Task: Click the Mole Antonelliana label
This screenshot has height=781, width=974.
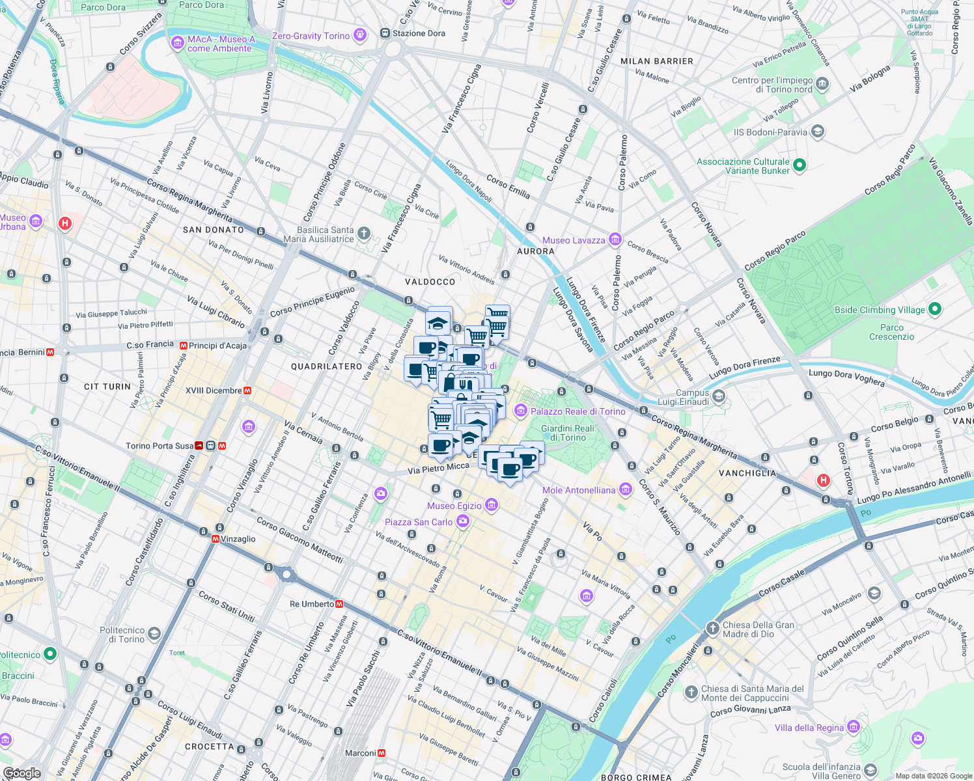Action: tap(579, 490)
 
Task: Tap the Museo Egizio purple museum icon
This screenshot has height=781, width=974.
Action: tap(492, 505)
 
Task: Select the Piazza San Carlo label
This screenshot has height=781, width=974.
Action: tap(419, 522)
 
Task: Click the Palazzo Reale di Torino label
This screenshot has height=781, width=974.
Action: tap(577, 411)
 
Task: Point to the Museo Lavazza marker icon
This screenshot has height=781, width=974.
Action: tap(615, 240)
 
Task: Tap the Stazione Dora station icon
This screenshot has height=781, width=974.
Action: tap(385, 33)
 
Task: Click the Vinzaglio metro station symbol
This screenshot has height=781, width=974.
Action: tap(216, 539)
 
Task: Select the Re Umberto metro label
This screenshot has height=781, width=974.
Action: tap(312, 604)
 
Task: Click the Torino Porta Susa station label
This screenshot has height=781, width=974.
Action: tap(160, 446)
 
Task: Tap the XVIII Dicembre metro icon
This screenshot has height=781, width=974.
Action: tap(247, 390)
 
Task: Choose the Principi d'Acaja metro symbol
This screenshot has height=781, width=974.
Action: tap(184, 346)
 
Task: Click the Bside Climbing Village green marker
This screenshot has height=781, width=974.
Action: tap(935, 309)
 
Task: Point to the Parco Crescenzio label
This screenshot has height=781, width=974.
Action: tap(891, 332)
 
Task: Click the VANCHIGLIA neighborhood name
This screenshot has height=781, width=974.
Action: tap(747, 473)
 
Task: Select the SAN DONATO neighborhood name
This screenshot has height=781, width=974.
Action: tap(213, 230)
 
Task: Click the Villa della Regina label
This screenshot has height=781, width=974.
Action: tap(809, 728)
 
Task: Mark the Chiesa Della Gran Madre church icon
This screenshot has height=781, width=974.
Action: tap(713, 629)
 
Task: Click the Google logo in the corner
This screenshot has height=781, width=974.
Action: tap(21, 773)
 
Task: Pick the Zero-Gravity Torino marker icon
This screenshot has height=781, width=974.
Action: tap(359, 35)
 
